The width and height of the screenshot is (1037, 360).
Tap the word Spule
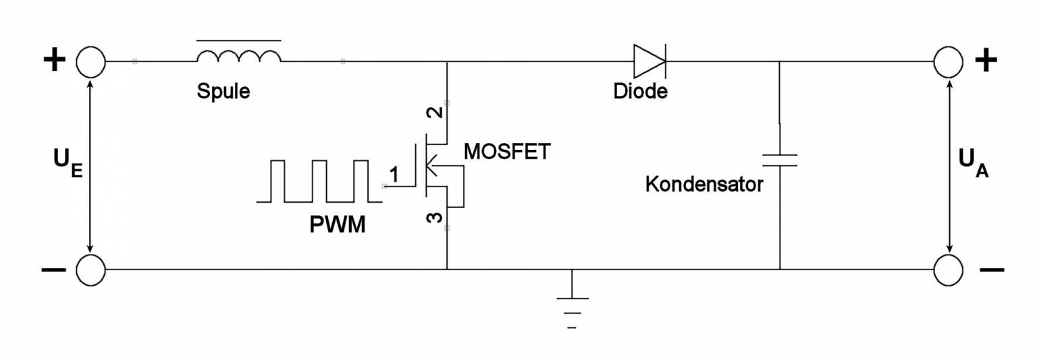[223, 91]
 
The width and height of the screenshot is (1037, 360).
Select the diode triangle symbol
[649, 61]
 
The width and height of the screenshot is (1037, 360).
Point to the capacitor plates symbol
[780, 160]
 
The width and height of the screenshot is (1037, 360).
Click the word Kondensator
[704, 184]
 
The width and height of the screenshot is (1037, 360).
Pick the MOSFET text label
[507, 151]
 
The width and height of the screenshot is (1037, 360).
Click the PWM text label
[338, 225]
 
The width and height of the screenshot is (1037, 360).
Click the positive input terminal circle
[90, 62]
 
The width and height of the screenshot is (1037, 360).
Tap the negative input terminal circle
[90, 269]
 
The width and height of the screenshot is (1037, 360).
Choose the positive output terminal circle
[949, 62]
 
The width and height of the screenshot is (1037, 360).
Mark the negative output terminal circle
[949, 269]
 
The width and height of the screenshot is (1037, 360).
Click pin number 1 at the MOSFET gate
[394, 175]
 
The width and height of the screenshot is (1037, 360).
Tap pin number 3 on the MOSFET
[435, 217]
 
